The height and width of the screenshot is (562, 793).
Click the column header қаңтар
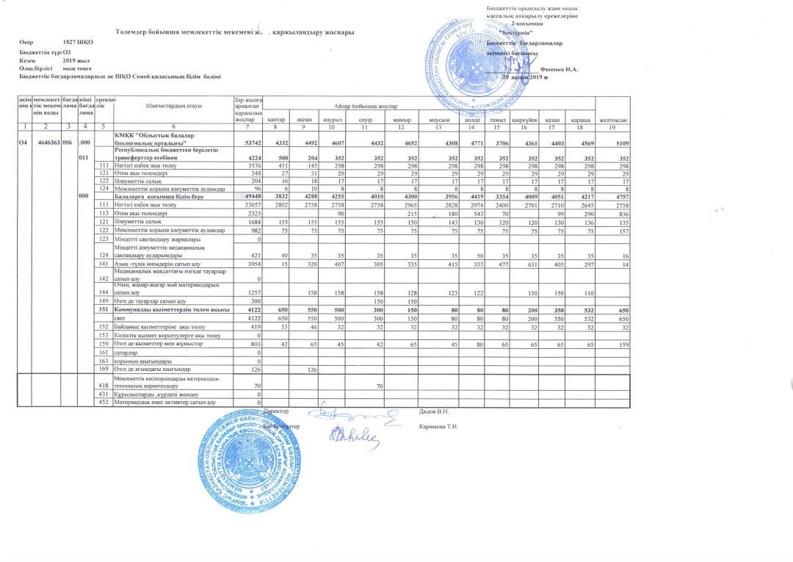(276, 120)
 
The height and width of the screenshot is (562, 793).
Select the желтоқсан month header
(612, 120)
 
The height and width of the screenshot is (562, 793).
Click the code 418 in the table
(104, 386)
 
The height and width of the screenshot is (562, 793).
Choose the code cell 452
(104, 402)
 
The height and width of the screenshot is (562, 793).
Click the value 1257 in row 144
(253, 292)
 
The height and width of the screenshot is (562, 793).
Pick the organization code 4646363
(46, 143)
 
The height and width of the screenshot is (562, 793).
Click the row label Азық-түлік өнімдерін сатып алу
(150, 263)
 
